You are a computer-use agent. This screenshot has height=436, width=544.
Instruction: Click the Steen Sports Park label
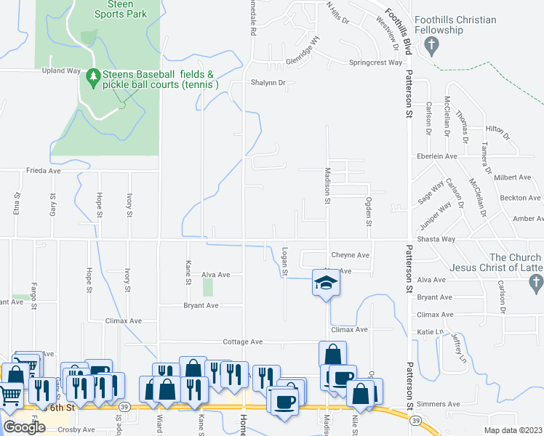(x=121, y=9)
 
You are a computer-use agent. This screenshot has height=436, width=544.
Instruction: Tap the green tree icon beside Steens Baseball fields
(x=92, y=75)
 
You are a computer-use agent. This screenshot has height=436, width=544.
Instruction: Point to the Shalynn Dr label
(x=269, y=83)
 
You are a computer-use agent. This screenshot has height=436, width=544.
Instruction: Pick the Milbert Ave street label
(x=512, y=177)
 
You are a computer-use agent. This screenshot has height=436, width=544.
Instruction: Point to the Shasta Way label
(x=436, y=239)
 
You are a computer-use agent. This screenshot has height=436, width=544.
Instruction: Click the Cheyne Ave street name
(x=351, y=256)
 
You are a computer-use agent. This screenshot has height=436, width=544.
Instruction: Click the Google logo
(x=24, y=427)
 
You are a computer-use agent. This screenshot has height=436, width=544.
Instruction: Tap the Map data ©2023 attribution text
(x=513, y=430)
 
